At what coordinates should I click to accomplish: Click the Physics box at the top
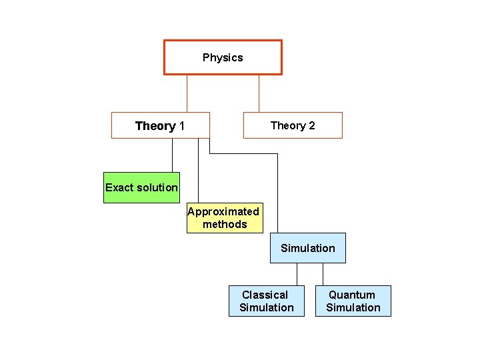223,57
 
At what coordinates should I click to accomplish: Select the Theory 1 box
160,125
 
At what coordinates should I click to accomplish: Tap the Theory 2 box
293,125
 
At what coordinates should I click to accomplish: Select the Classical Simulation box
267,301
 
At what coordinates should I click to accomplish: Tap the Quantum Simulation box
353,301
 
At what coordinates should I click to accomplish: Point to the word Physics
223,57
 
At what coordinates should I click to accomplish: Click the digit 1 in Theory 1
182,126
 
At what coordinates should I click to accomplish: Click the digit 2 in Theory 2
311,125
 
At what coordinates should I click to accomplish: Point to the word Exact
120,187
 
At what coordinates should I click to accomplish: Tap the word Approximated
223,211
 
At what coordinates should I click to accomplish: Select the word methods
225,224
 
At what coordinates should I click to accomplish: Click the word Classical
265,295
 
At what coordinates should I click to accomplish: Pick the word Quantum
352,295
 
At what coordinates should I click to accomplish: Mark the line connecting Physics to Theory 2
259,93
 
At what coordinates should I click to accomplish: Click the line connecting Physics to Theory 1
187,93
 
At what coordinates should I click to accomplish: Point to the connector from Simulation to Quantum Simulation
323,274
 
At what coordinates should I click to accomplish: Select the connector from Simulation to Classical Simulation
297,274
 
